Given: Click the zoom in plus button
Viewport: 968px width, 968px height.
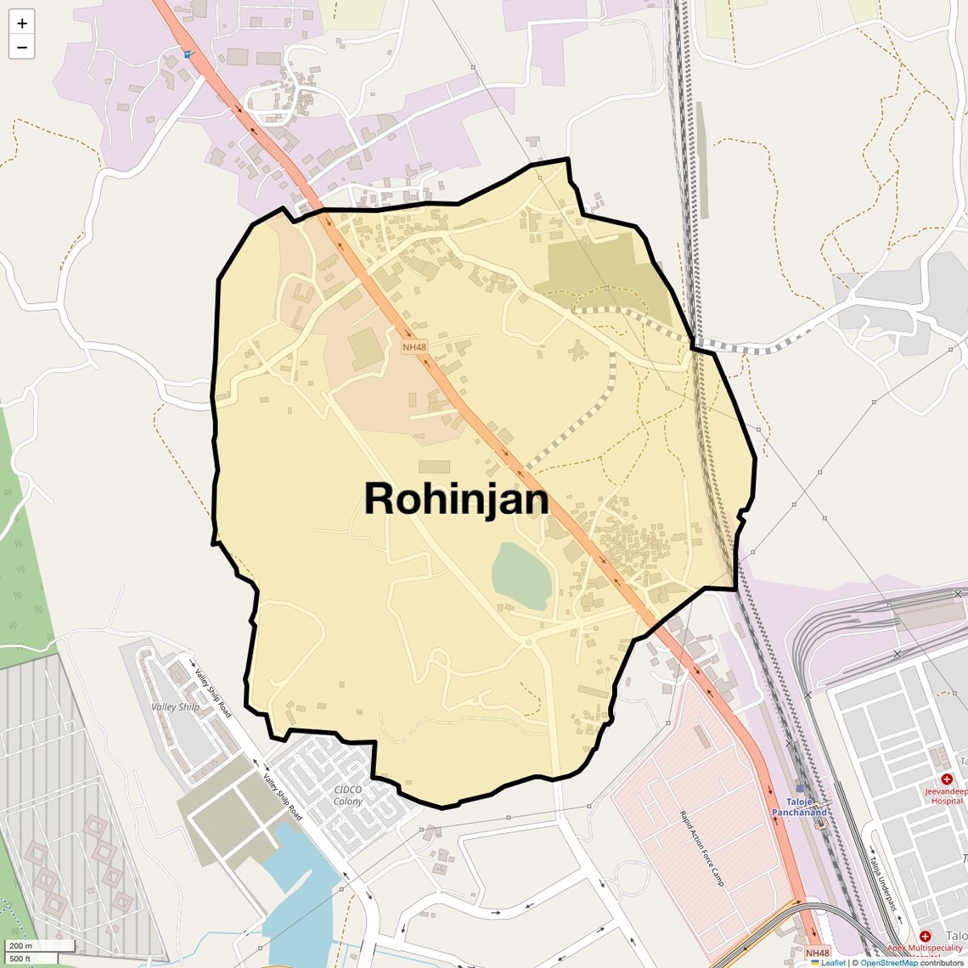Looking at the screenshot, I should (22, 23).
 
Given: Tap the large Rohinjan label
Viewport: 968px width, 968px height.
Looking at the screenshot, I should (456, 498).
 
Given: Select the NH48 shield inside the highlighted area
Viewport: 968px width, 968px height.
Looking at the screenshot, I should (414, 346).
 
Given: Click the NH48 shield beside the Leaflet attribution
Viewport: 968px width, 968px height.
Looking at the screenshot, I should (817, 953).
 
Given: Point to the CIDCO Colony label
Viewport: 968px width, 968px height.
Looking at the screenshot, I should (348, 796).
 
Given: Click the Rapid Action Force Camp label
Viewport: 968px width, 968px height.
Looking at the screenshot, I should (701, 848).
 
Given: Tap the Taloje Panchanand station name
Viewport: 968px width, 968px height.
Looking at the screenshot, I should (799, 807).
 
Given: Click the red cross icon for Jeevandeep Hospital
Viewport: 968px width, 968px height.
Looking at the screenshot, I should (947, 779).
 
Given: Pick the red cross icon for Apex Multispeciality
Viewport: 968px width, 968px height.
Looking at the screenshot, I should (925, 936).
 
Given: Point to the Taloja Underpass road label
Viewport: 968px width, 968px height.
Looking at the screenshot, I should (882, 884).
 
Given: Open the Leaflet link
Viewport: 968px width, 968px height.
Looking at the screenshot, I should (833, 962).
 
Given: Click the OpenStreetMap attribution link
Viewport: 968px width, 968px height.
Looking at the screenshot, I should (888, 962).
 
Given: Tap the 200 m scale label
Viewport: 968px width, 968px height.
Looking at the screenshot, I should (21, 945).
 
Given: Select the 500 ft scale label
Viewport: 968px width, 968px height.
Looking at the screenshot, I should (20, 959).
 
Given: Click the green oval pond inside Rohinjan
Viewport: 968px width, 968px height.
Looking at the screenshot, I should (521, 576).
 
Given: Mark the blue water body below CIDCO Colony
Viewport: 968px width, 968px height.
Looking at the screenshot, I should (297, 883).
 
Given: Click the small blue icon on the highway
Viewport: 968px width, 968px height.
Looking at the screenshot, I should (189, 54).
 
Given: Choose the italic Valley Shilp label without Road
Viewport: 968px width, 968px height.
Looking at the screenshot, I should (176, 706).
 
